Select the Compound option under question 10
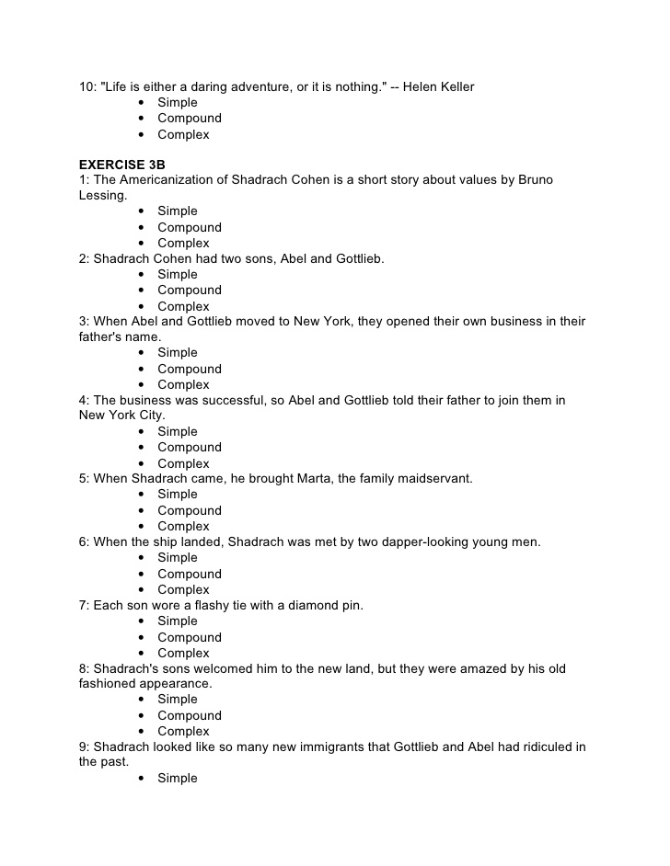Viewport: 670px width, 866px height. coord(189,119)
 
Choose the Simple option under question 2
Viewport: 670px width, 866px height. coord(177,275)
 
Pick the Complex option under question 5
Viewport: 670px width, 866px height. coord(183,527)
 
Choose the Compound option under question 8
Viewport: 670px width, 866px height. coord(189,715)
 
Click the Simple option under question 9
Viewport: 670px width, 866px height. coord(177,779)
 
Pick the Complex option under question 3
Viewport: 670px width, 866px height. coord(183,385)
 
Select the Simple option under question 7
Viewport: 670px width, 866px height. coord(177,621)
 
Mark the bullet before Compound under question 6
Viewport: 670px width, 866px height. coord(141,575)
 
